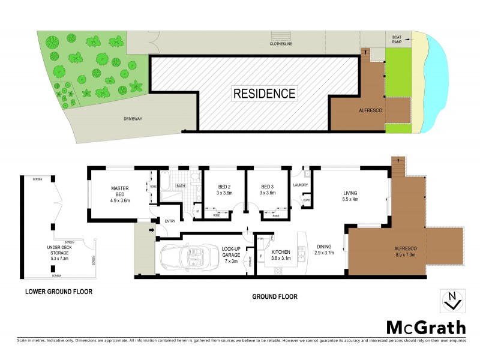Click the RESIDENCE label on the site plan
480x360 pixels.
tap(264, 94)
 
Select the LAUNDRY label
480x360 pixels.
tap(300, 185)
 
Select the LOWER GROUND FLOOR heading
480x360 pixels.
tap(59, 292)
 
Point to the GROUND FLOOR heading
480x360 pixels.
tap(274, 296)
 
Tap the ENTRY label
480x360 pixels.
tap(170, 221)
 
